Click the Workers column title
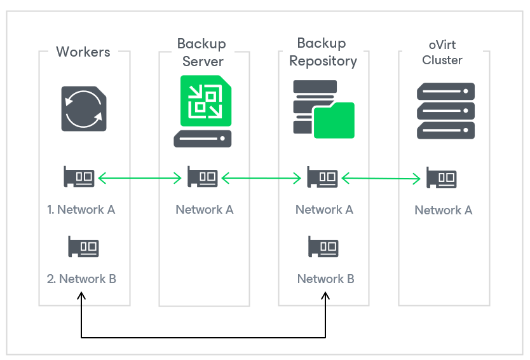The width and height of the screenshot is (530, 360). click(x=83, y=52)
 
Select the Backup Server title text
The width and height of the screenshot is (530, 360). click(x=202, y=53)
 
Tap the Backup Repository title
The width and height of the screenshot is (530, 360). click(x=322, y=52)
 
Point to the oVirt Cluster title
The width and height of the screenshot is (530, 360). click(x=442, y=52)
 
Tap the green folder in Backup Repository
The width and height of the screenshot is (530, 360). click(x=334, y=120)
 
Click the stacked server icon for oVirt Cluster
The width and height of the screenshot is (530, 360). click(x=445, y=110)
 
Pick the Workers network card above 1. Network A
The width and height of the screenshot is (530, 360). click(x=79, y=177)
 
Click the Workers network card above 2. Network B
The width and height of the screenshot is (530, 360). click(x=83, y=246)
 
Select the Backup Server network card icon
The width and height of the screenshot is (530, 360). click(x=202, y=177)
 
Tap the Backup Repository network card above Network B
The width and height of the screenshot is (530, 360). click(x=323, y=246)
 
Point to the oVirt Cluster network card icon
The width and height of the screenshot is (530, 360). click(x=441, y=177)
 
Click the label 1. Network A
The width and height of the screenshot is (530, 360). click(x=81, y=209)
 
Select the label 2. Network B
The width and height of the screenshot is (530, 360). click(x=81, y=279)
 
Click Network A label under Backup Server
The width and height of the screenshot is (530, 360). click(x=205, y=209)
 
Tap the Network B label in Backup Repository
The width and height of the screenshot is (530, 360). click(x=325, y=279)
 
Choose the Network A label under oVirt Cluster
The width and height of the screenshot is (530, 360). click(x=444, y=210)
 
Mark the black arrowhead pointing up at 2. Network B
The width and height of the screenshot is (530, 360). click(x=81, y=296)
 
